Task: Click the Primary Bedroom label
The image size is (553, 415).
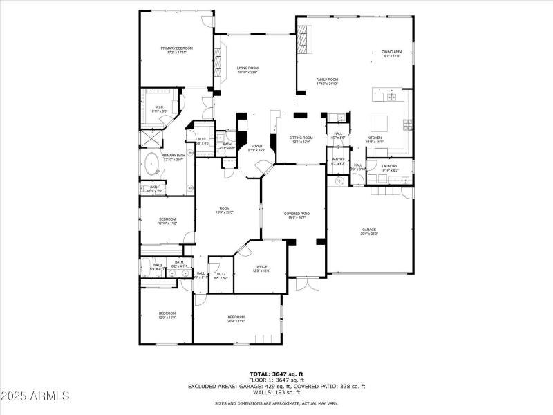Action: tap(177, 48)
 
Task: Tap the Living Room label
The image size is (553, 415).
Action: tap(247, 68)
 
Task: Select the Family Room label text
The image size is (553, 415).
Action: tap(327, 80)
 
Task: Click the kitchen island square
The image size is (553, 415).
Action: tap(380, 124)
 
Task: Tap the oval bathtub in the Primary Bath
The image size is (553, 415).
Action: tap(151, 165)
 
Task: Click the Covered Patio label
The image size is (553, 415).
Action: tap(297, 214)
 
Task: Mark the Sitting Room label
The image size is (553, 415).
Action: tap(301, 138)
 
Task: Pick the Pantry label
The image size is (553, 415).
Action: tap(338, 160)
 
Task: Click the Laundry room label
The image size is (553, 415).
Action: tap(390, 166)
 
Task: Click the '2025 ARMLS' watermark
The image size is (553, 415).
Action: tap(36, 396)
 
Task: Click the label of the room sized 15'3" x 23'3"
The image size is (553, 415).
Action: tap(225, 208)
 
